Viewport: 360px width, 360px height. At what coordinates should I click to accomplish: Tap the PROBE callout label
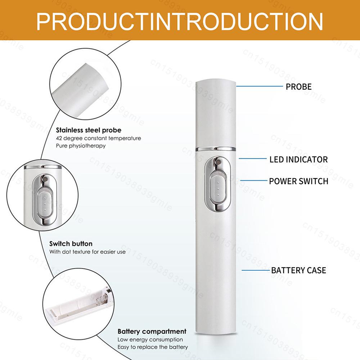(298, 86)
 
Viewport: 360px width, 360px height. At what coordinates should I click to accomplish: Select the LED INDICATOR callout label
(298, 159)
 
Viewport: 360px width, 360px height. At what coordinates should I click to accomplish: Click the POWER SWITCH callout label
(298, 181)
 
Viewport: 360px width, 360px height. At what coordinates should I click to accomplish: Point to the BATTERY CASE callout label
(298, 270)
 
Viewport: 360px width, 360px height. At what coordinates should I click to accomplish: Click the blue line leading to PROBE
(259, 86)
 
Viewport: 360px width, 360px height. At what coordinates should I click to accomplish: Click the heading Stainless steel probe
(89, 130)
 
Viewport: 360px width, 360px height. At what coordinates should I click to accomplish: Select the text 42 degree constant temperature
(98, 138)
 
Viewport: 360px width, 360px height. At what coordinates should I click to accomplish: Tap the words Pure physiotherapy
(81, 146)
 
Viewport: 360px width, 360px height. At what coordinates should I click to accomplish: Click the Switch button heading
(71, 244)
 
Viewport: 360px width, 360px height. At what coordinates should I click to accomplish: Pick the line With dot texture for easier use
(87, 252)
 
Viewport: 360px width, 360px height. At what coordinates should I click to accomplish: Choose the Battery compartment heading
(152, 331)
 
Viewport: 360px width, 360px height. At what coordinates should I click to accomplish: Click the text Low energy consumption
(150, 339)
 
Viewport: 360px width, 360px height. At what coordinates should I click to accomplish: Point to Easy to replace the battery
(153, 347)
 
